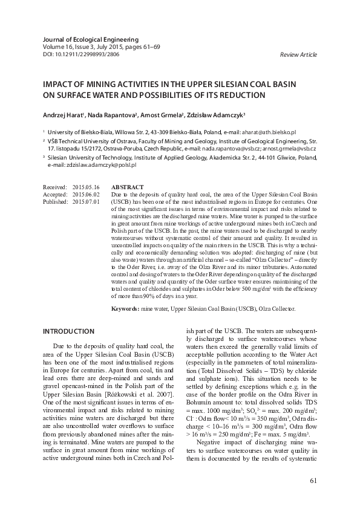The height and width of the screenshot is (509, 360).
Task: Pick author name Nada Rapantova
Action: coord(115,114)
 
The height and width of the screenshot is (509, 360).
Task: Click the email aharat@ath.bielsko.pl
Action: coord(267,131)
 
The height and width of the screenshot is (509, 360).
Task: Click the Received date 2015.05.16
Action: coord(85,188)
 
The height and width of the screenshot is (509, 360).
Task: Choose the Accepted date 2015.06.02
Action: coord(85,195)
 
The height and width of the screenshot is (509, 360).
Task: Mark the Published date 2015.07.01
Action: coord(85,202)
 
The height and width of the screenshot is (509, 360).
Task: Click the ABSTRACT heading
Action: coord(127,188)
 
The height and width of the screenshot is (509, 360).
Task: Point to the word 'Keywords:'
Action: coord(125,308)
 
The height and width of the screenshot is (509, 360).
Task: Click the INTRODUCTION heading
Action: coord(68,332)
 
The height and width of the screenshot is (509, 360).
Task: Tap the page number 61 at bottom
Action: coord(313,481)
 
